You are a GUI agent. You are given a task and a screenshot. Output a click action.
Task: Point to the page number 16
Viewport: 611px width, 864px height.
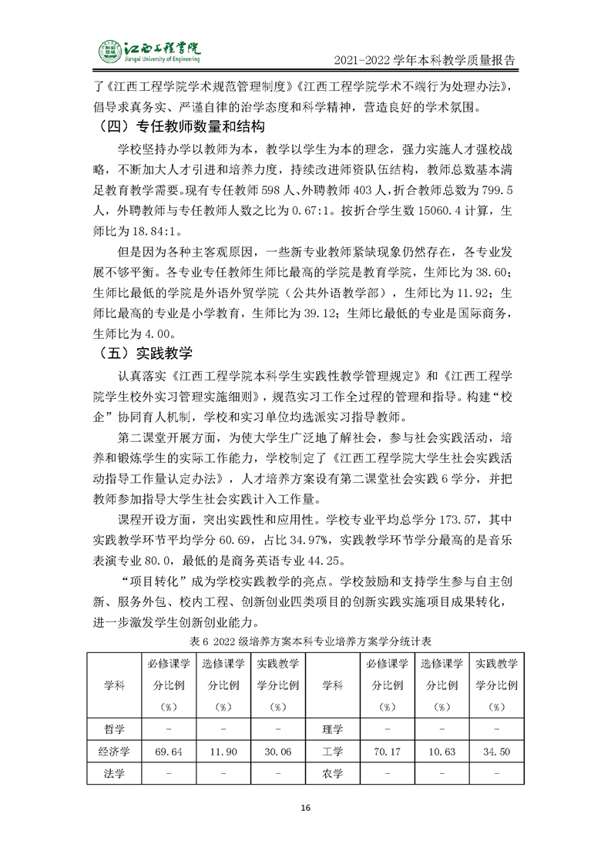tap(305, 808)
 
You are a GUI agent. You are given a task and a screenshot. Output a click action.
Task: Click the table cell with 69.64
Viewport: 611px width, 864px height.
tap(167, 752)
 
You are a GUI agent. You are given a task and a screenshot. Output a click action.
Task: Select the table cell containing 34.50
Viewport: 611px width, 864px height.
tap(495, 752)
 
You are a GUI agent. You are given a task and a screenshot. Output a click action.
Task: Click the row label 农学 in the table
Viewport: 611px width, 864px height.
tap(332, 773)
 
